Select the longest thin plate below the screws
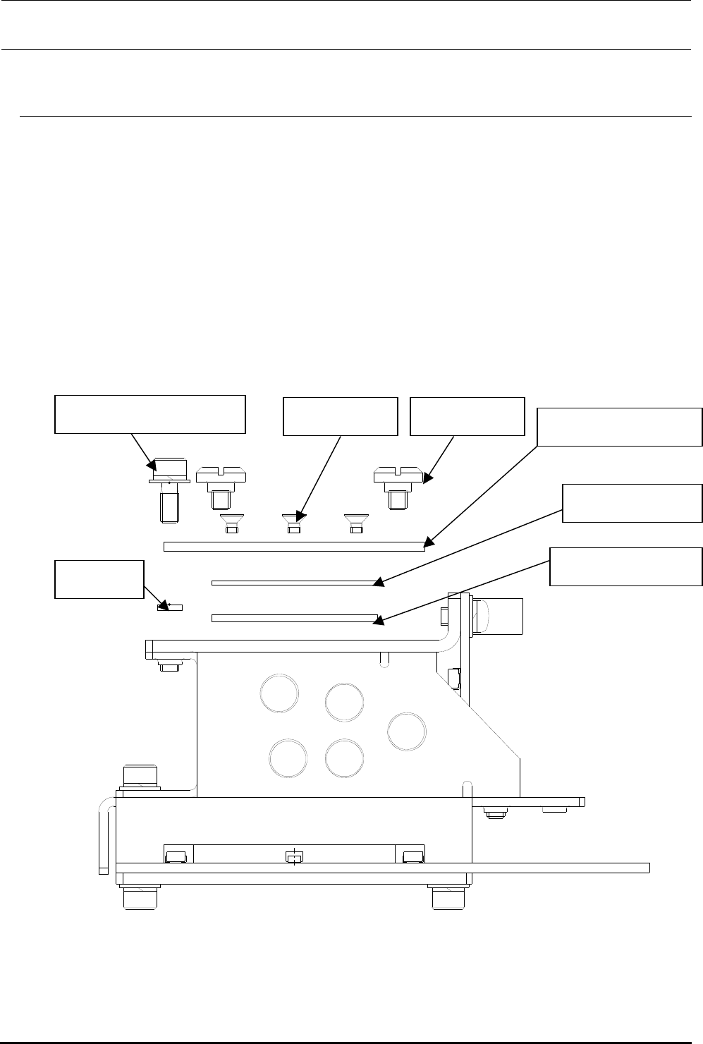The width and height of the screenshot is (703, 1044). point(294,546)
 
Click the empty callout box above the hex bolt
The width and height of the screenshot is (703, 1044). point(150,414)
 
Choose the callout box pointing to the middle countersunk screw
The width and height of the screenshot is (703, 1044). point(340,416)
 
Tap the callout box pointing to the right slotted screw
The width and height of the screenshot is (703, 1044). point(467,416)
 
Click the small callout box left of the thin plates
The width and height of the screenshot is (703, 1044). point(99,579)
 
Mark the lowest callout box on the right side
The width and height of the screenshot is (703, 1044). point(626,566)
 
